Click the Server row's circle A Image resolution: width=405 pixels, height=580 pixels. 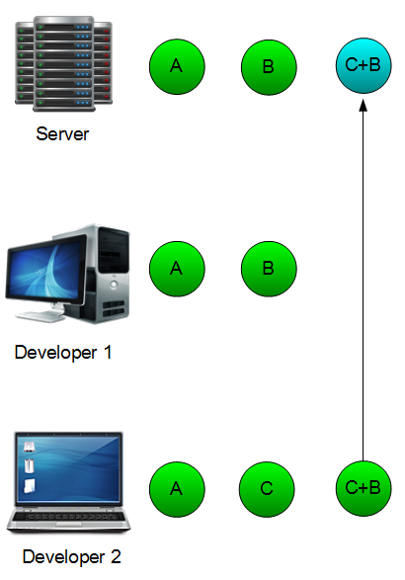(x=177, y=67)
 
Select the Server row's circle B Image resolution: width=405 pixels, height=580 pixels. (x=269, y=67)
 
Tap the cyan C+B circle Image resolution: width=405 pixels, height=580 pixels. (x=364, y=65)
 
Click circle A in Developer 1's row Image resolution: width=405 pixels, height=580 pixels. (x=177, y=269)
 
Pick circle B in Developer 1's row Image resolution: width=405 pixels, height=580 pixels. (x=269, y=269)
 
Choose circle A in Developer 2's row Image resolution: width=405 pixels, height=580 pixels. (x=177, y=489)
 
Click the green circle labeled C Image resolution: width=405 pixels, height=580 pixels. (x=267, y=489)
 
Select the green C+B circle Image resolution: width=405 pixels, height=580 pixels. (x=364, y=488)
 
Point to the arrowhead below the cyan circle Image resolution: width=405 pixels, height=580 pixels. (x=364, y=105)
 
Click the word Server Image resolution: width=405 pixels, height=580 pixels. (x=62, y=134)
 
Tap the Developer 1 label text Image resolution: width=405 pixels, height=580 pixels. (x=63, y=352)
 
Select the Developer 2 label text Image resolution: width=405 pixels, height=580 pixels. (x=71, y=556)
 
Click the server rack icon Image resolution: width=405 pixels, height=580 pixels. (x=63, y=63)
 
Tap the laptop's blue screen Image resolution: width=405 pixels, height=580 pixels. (x=69, y=468)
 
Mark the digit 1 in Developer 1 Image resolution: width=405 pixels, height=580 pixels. (x=108, y=352)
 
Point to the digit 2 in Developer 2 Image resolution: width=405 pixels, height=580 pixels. (x=116, y=556)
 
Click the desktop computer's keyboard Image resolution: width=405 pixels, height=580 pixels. (x=40, y=315)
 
